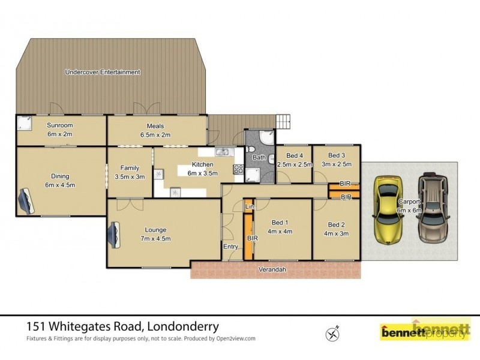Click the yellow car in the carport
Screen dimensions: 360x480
[386, 209]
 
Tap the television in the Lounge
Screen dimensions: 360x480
[114, 234]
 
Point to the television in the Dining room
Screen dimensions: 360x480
[26, 200]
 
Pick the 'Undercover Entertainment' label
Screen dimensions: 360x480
[103, 72]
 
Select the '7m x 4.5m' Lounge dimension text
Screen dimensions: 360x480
[155, 238]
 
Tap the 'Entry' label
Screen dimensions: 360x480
[231, 247]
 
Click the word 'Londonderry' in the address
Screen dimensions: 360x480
[181, 327]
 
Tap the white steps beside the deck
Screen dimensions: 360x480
[283, 121]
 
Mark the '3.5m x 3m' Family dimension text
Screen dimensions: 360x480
[130, 177]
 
